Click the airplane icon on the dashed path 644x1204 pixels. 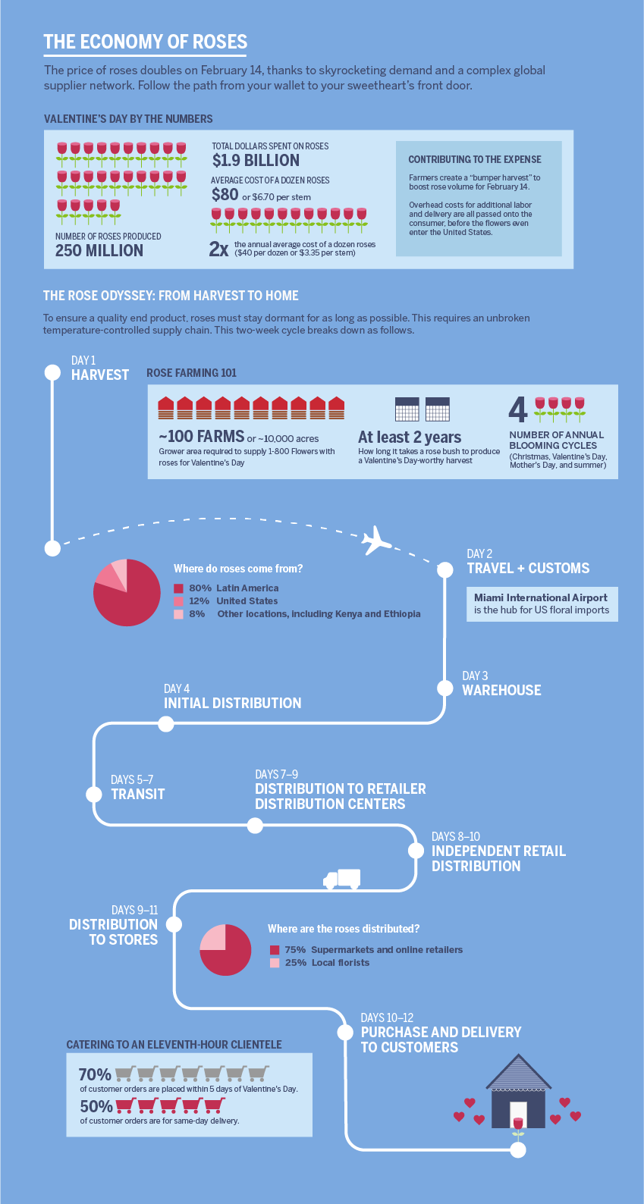click(x=376, y=540)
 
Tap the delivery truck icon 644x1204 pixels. click(x=342, y=879)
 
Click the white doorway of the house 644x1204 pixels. click(x=518, y=1115)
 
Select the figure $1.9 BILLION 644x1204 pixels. click(x=256, y=160)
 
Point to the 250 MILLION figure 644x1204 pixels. click(x=99, y=250)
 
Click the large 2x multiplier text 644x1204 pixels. click(x=218, y=249)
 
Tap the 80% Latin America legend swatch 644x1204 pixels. click(x=178, y=588)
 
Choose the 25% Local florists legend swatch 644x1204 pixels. click(x=275, y=963)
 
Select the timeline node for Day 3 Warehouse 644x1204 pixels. click(x=445, y=688)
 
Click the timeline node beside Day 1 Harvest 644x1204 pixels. click(x=52, y=372)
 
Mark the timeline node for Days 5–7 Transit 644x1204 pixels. click(x=94, y=794)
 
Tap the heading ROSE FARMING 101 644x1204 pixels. click(x=191, y=373)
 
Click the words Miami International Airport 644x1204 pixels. click(x=541, y=597)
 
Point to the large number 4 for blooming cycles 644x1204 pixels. click(x=517, y=409)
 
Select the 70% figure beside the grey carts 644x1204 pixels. click(x=95, y=1074)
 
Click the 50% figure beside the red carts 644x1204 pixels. click(x=96, y=1106)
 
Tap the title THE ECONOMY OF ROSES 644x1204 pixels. click(x=146, y=42)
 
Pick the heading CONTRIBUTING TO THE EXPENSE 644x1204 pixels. click(x=475, y=160)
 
